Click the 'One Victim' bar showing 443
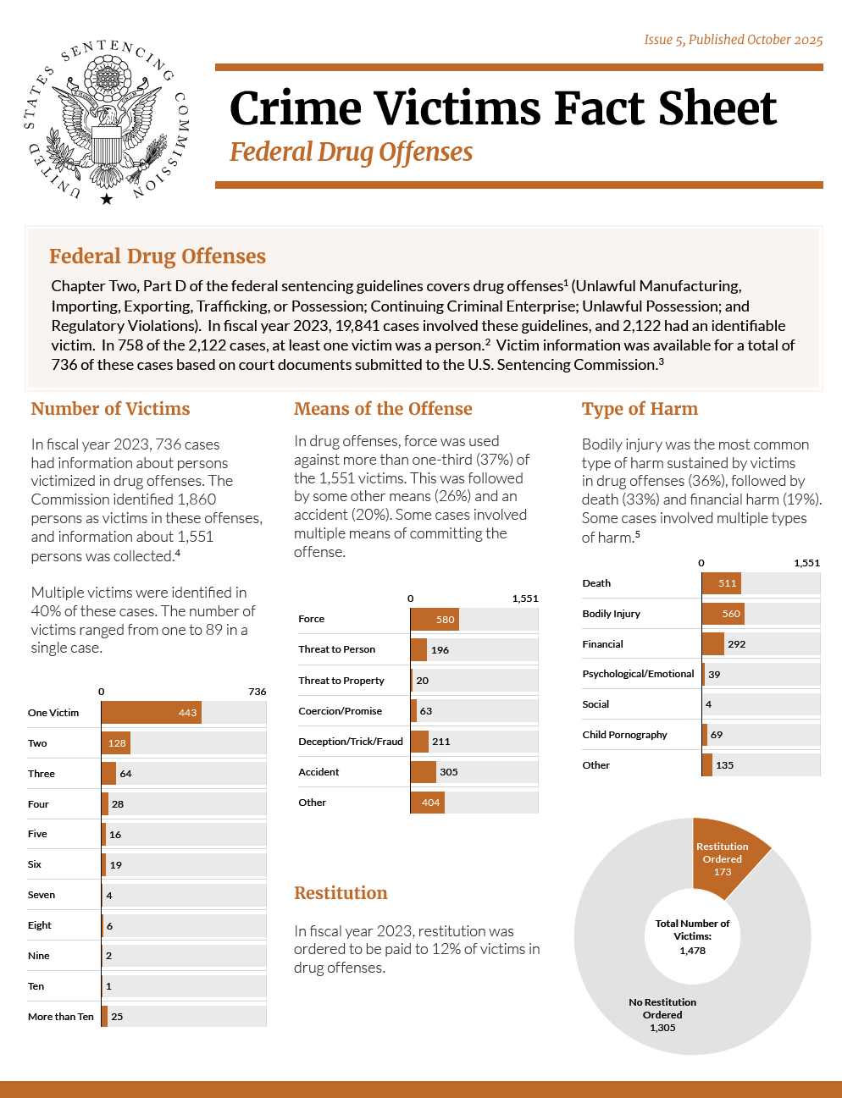[151, 713]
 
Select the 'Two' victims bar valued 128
[116, 743]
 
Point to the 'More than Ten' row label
[61, 1017]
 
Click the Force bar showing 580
[435, 620]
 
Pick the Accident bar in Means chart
[424, 772]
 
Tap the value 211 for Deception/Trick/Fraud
[441, 742]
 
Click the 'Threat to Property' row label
[341, 681]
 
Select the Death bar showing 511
[722, 583]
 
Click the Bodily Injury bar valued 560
[723, 614]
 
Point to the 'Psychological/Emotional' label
[638, 674]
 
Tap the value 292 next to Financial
[737, 644]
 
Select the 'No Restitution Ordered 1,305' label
[662, 1014]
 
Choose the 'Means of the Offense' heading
[383, 409]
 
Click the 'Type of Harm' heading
[640, 409]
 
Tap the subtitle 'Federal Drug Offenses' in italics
[351, 152]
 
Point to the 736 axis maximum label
[258, 692]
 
